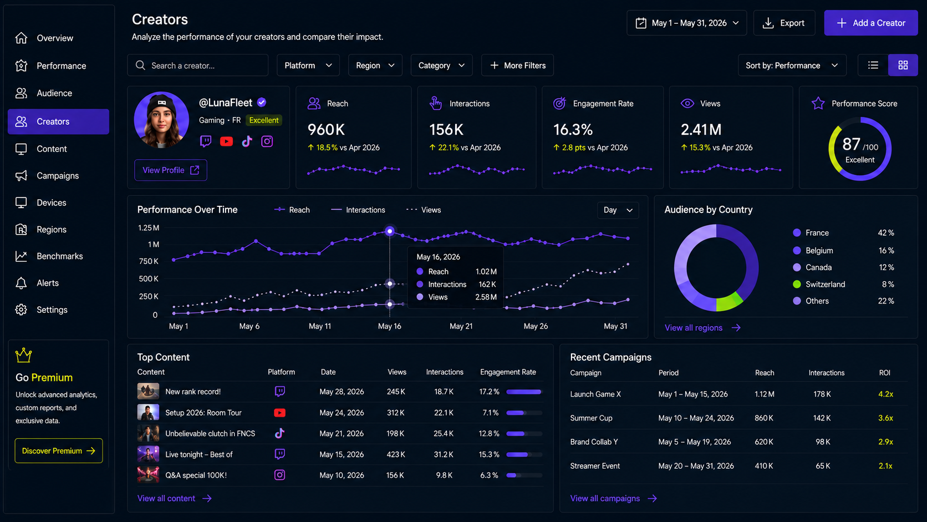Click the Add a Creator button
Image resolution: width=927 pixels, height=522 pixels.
point(870,23)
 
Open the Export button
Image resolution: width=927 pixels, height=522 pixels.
point(784,23)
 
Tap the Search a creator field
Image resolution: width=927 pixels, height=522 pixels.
point(198,65)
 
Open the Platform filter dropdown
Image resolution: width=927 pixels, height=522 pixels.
point(308,65)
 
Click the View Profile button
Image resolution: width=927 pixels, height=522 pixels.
point(171,170)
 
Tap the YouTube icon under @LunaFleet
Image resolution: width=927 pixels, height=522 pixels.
point(226,141)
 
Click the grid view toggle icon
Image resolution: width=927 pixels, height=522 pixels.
point(903,65)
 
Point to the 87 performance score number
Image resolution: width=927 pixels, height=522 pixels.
point(851,144)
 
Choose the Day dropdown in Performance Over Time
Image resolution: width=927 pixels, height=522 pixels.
point(618,210)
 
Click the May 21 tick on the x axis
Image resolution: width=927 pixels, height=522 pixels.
point(461,326)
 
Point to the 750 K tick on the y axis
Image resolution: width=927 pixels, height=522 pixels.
point(149,261)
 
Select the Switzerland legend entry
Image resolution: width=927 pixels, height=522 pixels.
point(819,285)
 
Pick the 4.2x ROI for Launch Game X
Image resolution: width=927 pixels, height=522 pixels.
point(885,394)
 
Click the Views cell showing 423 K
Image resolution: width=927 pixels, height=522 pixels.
point(396,454)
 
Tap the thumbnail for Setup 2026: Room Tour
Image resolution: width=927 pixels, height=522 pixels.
point(148,413)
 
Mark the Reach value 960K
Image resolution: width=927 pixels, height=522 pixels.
point(326,130)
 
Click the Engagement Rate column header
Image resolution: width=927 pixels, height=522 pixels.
point(508,372)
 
